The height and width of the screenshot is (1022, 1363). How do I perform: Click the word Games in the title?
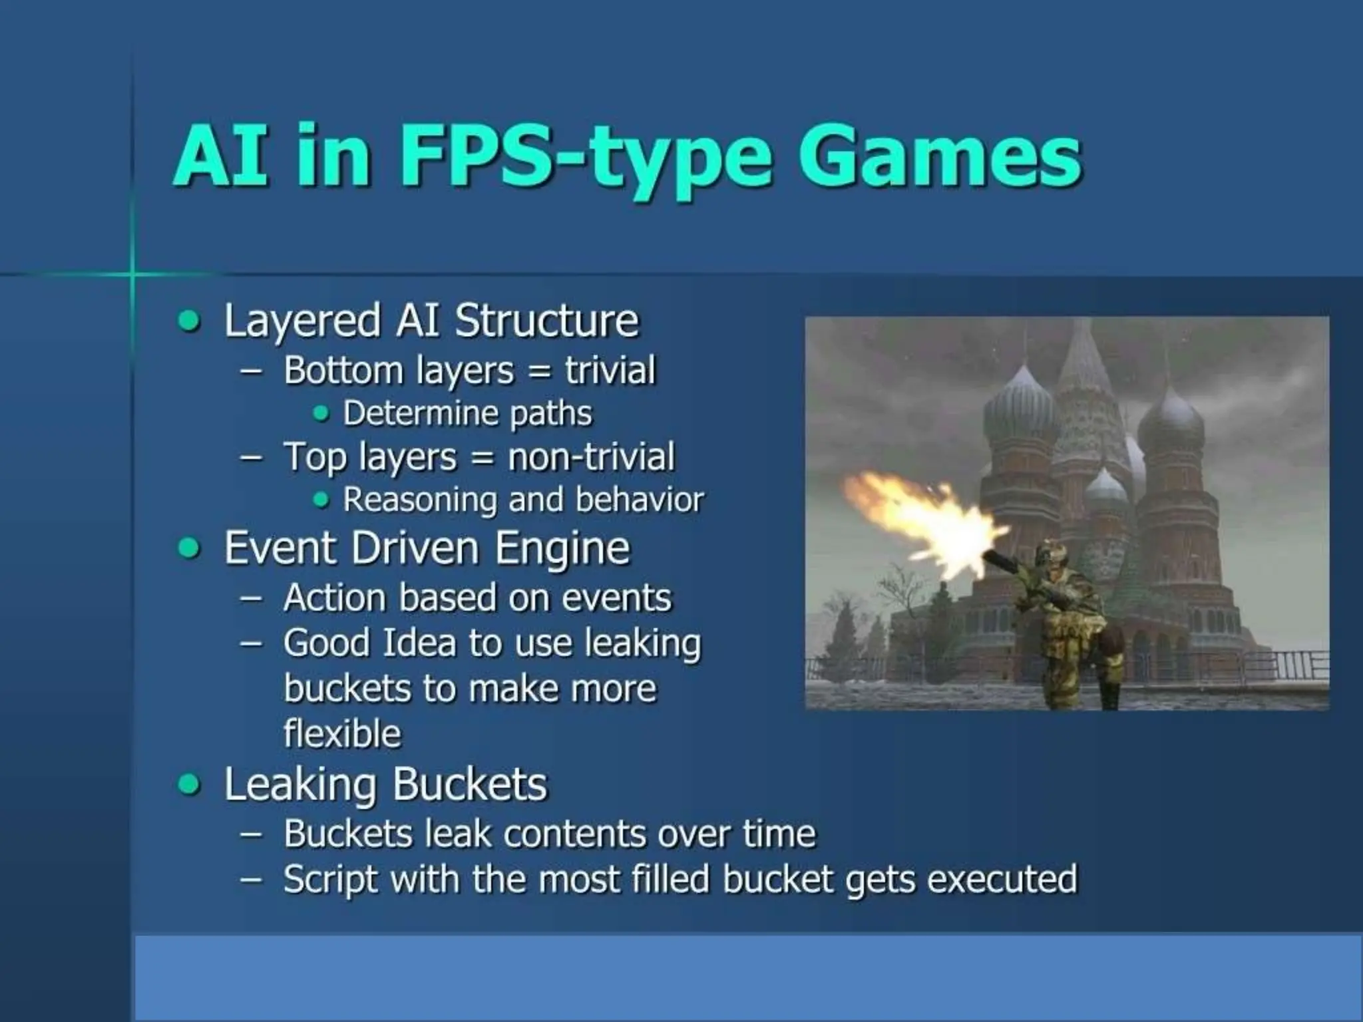(x=940, y=156)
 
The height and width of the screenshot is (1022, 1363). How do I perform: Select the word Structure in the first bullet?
(x=546, y=321)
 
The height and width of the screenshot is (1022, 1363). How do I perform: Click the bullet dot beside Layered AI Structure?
(x=190, y=322)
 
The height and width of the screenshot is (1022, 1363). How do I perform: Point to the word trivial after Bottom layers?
(x=610, y=370)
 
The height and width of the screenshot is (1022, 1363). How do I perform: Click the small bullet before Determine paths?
(x=321, y=414)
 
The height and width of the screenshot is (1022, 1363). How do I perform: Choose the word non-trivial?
(x=591, y=457)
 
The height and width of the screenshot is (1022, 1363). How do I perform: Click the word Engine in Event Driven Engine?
(x=562, y=548)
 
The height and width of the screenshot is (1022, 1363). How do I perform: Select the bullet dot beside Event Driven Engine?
(x=190, y=549)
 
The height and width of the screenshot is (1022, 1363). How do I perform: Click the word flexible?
(x=342, y=733)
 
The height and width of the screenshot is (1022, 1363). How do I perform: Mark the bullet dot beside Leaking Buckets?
(x=190, y=784)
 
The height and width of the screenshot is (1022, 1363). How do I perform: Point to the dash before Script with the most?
(x=250, y=879)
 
